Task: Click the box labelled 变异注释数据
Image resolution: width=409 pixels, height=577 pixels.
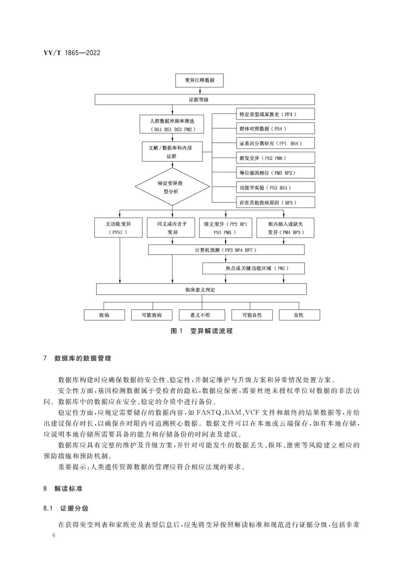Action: point(199,81)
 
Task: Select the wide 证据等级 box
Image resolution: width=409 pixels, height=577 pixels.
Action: point(204,99)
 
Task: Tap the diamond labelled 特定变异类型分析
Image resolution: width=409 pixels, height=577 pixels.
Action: point(173,187)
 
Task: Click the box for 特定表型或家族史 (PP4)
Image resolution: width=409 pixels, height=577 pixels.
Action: point(275,114)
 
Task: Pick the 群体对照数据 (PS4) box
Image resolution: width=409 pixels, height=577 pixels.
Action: point(275,129)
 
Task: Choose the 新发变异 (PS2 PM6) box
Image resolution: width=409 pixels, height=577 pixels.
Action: point(275,158)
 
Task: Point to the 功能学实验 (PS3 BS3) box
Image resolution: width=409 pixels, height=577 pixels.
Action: point(275,188)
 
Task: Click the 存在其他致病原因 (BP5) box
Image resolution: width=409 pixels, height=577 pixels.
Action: point(275,202)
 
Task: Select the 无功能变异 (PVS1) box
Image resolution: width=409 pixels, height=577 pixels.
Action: point(118,228)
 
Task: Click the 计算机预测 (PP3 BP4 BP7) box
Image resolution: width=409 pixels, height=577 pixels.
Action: point(226,250)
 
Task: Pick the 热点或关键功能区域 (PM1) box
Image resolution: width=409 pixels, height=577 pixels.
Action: point(253,268)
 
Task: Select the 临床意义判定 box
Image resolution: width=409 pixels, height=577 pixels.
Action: point(201,290)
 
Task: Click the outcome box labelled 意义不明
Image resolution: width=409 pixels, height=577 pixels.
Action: point(200,315)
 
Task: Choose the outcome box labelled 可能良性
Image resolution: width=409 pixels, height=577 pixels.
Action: point(252,315)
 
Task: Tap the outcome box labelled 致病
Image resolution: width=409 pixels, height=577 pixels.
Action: point(104,315)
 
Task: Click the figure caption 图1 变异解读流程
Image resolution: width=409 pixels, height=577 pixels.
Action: point(201,331)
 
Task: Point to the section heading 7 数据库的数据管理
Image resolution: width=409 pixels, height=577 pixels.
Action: point(77,358)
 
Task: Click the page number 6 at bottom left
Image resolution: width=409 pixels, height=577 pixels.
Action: point(55,535)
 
